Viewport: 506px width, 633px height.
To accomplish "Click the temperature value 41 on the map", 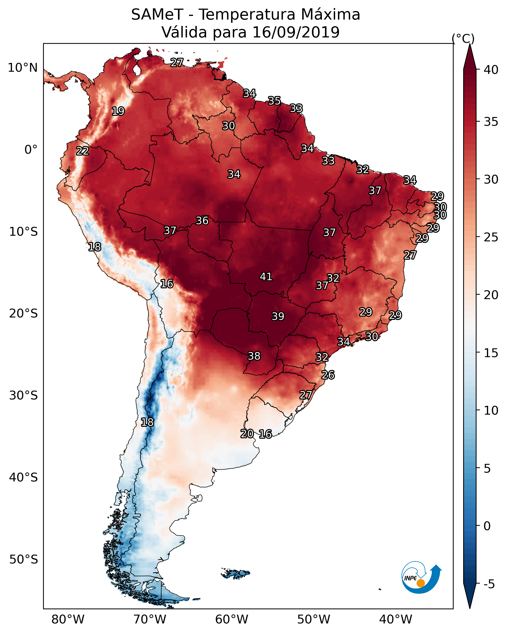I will (x=266, y=277).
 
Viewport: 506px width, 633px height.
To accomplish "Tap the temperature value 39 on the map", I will (x=278, y=316).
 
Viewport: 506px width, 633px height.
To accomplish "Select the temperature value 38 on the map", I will (x=254, y=356).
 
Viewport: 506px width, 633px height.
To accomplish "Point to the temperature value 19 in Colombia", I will (x=118, y=111).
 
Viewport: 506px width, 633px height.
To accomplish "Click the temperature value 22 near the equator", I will (x=82, y=151).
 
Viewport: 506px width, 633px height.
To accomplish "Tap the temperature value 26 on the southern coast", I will (x=328, y=375).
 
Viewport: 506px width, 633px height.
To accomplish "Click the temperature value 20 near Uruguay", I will (x=247, y=434).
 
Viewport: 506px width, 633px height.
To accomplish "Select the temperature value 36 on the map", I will (x=202, y=221).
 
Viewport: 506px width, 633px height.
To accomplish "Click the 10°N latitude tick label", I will (x=23, y=68).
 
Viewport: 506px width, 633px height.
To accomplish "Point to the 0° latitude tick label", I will (x=31, y=150).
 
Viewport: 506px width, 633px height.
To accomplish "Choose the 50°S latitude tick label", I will (x=24, y=560).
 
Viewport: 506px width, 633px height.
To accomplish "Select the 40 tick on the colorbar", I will (x=491, y=70).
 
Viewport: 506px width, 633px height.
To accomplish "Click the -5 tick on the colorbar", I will (x=489, y=584).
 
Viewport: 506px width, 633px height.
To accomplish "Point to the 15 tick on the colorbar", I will (x=491, y=353).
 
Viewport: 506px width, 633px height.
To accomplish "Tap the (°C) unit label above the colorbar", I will (x=463, y=38).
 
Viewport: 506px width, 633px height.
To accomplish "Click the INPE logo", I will (x=421, y=577).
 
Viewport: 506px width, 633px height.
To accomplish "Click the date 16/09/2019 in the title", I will (x=296, y=32).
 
